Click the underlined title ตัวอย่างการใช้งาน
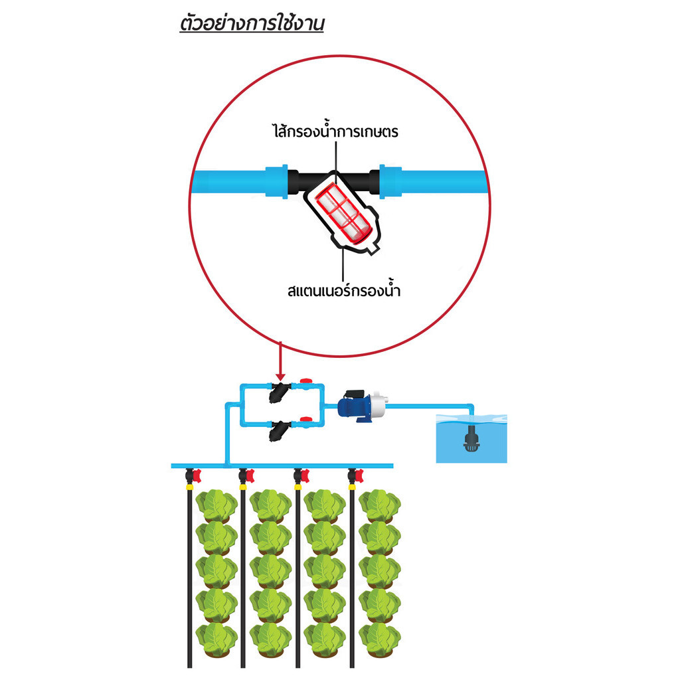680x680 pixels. coord(252,24)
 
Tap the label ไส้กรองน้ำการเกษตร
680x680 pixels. coord(335,131)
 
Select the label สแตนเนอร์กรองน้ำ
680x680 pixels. coord(344,290)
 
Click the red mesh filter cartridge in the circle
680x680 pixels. coord(343,212)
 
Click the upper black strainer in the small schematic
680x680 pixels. coord(278,392)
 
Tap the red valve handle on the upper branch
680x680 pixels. coord(306,381)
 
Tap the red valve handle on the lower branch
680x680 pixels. coord(306,419)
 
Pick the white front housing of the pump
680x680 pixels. coord(379,401)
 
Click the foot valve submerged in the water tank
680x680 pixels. coord(471,439)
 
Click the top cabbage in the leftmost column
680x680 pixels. coord(216,506)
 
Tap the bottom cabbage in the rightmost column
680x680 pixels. coord(379,639)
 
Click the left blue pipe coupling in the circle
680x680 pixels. coord(277,182)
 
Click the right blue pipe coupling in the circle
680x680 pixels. coord(390,182)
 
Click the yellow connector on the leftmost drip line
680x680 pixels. coord(189,487)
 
